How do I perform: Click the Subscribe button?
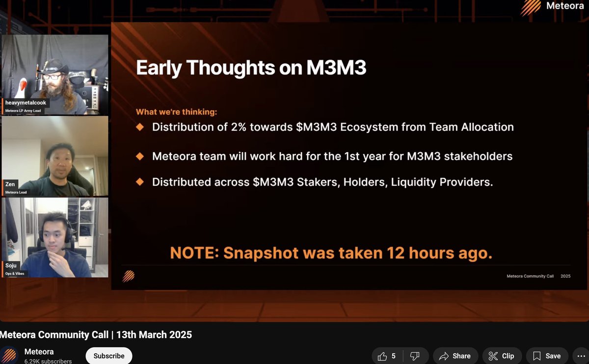tap(108, 356)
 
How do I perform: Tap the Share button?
tap(455, 356)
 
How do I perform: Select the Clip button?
tap(501, 356)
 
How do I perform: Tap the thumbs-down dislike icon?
tap(414, 356)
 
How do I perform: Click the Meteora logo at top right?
tap(552, 7)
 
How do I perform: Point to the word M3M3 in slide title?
tap(336, 68)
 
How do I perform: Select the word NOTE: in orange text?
tap(194, 253)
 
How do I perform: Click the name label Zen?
tap(10, 184)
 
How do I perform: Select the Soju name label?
tap(12, 266)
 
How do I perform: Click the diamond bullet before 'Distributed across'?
tap(140, 182)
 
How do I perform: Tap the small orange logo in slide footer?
tap(129, 276)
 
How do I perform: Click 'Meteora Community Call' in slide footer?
tap(530, 276)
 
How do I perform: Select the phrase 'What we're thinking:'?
tap(176, 112)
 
